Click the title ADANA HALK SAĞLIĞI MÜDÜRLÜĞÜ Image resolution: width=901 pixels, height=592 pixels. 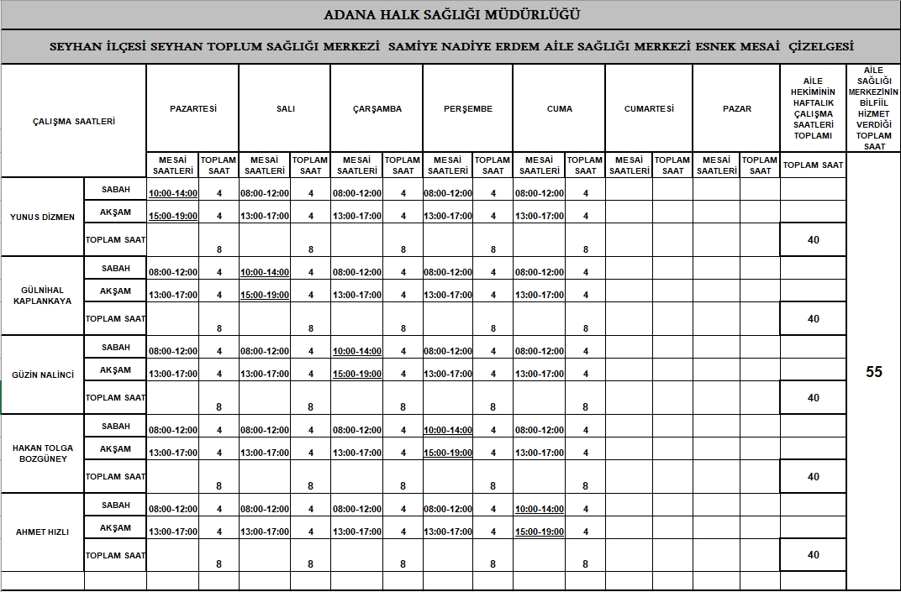451,14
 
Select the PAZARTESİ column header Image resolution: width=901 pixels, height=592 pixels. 192,108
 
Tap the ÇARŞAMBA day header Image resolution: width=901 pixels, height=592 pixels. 377,108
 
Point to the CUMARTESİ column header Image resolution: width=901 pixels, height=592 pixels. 648,108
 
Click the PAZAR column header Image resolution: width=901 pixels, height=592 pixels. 736,108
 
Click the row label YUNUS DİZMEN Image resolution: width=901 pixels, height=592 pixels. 42,217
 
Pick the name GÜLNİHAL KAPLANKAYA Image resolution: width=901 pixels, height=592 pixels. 42,296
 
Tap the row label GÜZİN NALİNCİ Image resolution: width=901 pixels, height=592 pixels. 42,375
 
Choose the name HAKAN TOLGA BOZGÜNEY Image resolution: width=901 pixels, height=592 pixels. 42,453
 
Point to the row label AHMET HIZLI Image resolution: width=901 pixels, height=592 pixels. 42,532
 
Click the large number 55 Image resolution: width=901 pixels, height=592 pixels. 874,372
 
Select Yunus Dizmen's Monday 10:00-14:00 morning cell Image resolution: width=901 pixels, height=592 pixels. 172,193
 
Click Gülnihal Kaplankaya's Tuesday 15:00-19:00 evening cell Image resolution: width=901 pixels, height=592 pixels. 265,295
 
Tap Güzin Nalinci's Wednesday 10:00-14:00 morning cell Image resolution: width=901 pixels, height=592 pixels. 357,351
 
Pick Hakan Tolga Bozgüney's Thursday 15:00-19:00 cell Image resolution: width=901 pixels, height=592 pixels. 448,453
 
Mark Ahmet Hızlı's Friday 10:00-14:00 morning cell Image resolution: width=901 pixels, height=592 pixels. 540,509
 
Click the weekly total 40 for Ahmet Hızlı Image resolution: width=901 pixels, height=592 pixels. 813,555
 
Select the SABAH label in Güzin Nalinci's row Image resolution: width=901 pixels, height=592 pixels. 116,348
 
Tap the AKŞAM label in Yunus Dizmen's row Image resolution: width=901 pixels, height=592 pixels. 116,212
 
